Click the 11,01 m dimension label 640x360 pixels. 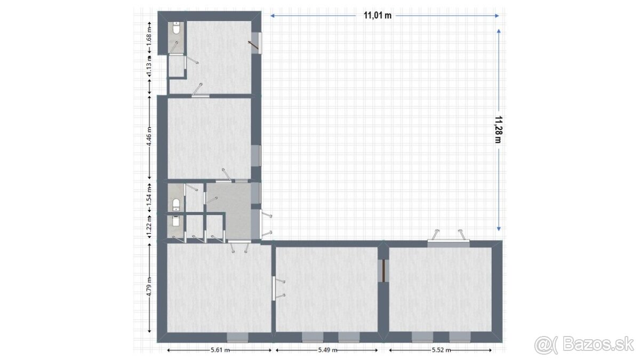tap(378, 15)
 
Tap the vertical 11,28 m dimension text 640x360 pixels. tap(499, 130)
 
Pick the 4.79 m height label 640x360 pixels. tap(149, 287)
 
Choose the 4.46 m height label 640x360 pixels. tap(149, 137)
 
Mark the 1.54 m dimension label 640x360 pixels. tap(149, 196)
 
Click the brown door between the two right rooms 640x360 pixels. tap(383, 270)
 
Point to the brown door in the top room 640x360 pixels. tap(253, 46)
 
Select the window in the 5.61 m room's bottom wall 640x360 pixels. tap(237, 337)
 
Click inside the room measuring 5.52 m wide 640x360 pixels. tap(441, 289)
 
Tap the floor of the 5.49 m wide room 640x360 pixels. tap(326, 289)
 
